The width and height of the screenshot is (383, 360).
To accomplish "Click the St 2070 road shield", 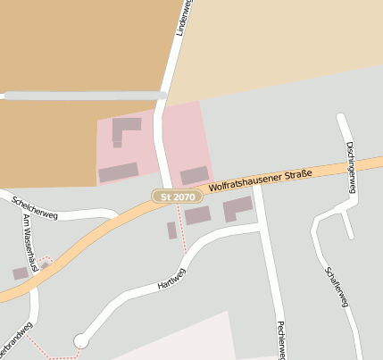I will (x=173, y=196).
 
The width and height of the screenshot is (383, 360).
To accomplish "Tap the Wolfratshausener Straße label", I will (x=261, y=180).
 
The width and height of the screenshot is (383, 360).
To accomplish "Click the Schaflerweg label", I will (x=337, y=287).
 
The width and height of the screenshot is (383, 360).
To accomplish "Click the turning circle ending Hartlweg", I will (x=81, y=340).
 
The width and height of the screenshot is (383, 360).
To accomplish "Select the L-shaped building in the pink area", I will (x=124, y=130).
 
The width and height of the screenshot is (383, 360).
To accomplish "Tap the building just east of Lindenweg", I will (x=194, y=175).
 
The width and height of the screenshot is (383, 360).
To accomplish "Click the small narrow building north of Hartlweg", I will (x=171, y=230).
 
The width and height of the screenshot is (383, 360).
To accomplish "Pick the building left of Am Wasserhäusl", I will (x=20, y=273).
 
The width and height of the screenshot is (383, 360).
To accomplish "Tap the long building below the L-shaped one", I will (x=118, y=172).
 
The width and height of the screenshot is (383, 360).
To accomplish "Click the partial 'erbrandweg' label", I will (x=16, y=339).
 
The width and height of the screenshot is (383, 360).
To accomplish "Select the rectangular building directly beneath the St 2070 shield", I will (x=197, y=215).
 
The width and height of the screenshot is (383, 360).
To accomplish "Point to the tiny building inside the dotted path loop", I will (x=45, y=264).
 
